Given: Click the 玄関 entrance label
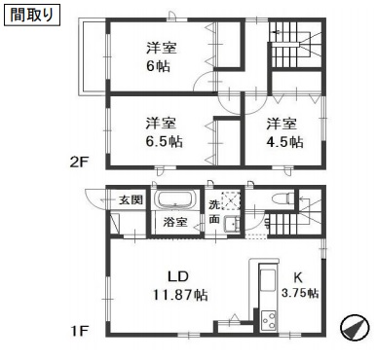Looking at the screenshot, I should [x=131, y=199].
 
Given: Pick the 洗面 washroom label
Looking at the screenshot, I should [x=216, y=211].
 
